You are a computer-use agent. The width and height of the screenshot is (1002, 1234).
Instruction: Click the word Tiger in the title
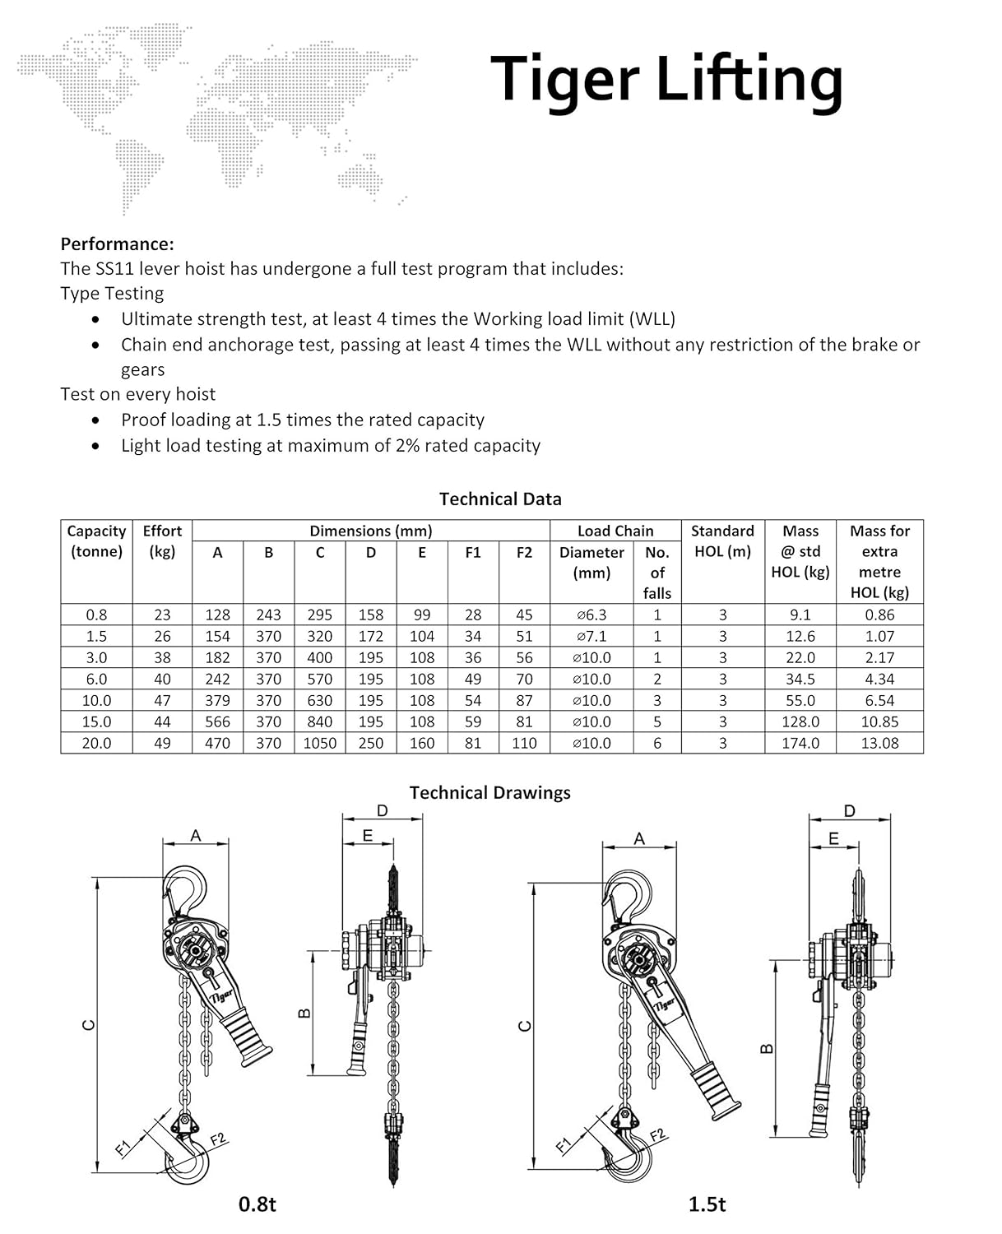(564, 80)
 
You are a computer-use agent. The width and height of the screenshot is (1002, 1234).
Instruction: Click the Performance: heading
(117, 244)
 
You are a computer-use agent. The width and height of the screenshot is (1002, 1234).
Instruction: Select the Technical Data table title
(500, 499)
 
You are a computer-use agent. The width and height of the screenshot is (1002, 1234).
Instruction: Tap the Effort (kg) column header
(162, 540)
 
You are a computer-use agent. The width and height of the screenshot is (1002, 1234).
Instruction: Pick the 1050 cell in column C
(320, 743)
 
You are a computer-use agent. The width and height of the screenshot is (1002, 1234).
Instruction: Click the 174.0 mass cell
(800, 743)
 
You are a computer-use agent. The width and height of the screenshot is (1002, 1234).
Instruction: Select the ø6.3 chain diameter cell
(591, 615)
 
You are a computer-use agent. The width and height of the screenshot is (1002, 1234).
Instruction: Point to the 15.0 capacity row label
(96, 721)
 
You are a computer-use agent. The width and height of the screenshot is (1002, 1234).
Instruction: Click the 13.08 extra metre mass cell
(879, 743)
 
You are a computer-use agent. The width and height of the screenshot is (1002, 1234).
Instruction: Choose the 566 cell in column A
(217, 721)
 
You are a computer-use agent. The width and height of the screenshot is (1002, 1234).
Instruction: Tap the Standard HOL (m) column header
(722, 540)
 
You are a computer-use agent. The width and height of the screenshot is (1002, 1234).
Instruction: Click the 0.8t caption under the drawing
(257, 1204)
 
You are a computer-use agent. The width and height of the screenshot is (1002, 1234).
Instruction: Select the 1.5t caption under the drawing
(707, 1204)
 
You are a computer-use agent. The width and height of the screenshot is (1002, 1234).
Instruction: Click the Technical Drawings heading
(489, 792)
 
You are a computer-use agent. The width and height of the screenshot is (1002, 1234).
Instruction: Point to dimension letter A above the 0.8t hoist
(196, 836)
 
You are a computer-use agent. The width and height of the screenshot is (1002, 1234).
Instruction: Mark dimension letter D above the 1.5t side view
(849, 811)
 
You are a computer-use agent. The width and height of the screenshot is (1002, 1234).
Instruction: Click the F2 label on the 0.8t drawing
(218, 1140)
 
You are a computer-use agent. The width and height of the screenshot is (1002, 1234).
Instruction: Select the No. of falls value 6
(656, 743)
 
